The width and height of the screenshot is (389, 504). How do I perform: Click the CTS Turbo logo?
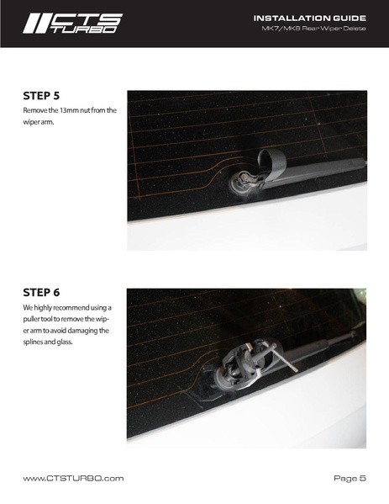point(72,24)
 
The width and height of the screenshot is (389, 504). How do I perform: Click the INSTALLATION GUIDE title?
point(310,19)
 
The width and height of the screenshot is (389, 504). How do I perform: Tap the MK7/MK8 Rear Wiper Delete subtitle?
point(313,29)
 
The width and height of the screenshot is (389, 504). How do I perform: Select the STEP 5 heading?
point(41,96)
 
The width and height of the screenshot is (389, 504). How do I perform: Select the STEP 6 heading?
point(41,293)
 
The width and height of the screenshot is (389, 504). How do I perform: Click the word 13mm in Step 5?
point(69,110)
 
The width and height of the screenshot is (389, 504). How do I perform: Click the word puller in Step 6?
point(30,319)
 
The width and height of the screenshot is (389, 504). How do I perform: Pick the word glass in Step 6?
point(65,342)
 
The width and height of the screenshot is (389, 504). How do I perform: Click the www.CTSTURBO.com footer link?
point(73,478)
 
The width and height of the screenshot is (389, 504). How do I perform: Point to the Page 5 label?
point(350,478)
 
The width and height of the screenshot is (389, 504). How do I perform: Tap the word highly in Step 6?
point(43,308)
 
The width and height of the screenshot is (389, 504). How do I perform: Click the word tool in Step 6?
point(46,319)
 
